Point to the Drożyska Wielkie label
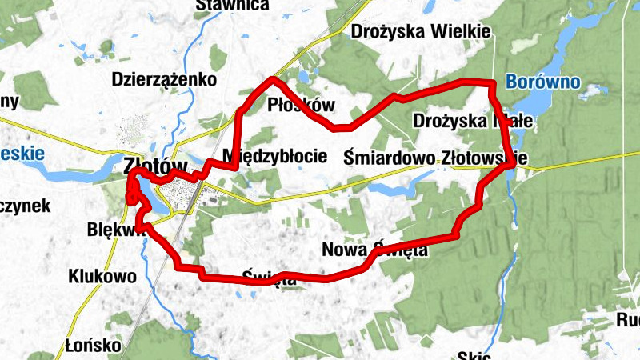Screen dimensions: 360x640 pos(421,31)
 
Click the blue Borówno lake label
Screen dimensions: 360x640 pos(543,81)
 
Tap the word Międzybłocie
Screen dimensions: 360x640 pos(275,155)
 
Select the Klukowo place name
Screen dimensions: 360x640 pos(102,276)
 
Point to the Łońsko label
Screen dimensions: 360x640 pos(94,346)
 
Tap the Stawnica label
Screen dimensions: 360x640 pos(232,6)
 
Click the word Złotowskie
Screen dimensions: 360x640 pos(484,158)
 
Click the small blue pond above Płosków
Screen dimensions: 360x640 pos(304,78)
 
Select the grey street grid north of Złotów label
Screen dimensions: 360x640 pos(131,132)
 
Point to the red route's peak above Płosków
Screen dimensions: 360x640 pos(274,79)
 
